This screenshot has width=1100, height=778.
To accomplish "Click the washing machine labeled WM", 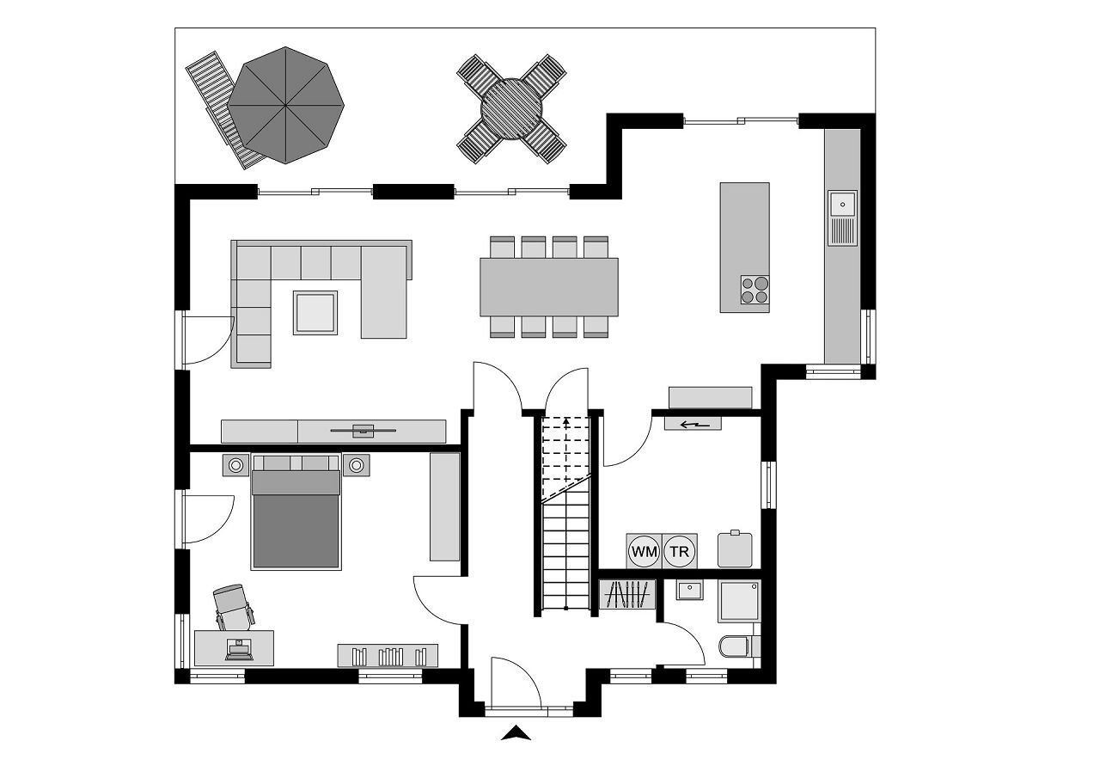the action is [645, 551].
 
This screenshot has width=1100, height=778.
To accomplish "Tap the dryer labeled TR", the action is [680, 551].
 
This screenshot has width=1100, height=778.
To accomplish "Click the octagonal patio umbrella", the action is [286, 105].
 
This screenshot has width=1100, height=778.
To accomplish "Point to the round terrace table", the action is [511, 109].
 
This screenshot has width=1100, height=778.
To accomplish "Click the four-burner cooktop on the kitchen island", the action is [755, 290].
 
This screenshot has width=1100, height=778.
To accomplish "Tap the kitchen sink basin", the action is [843, 204].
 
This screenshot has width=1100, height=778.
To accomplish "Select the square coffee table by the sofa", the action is [315, 313].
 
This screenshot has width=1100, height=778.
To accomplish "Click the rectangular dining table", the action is [549, 287].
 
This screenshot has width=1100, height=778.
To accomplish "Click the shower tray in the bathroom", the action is [739, 601].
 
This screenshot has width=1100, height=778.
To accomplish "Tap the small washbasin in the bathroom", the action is [689, 590].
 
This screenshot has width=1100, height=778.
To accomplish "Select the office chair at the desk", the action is [234, 608].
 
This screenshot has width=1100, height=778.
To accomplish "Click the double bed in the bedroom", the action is [296, 512].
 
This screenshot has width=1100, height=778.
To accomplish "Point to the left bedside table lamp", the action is [235, 465].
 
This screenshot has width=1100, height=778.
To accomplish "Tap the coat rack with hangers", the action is [627, 595].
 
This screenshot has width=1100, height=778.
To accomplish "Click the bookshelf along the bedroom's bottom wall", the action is [388, 655].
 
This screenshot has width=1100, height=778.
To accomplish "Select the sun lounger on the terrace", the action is [224, 110].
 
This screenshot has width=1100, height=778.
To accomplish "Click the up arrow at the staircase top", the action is [566, 421].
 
